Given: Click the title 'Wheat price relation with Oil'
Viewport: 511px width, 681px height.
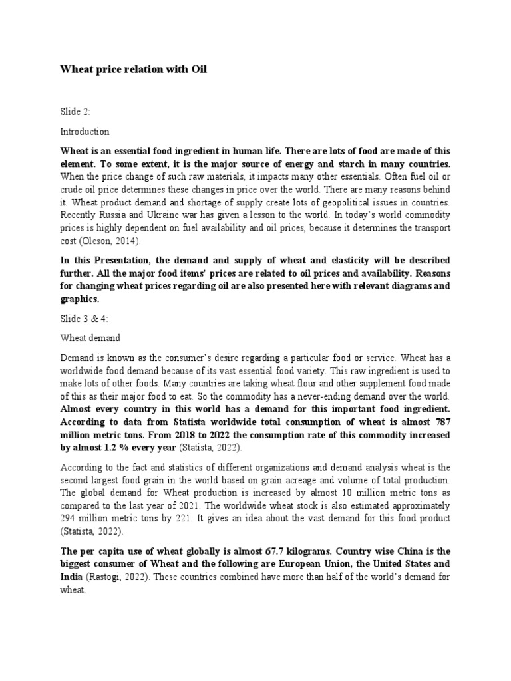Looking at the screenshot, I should (134, 69).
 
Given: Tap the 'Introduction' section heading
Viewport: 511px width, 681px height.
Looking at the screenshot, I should (85, 132).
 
